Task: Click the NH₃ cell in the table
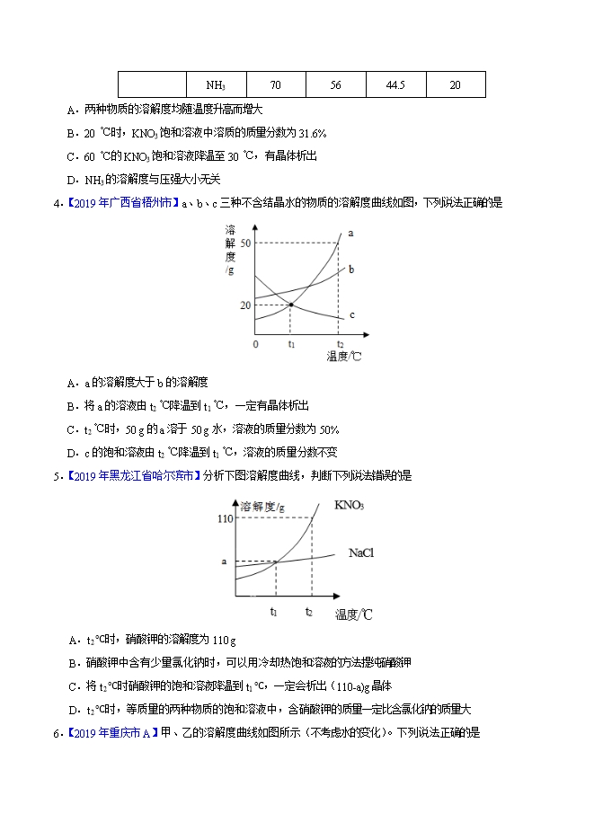pos(216,85)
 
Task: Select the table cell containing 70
pos(275,85)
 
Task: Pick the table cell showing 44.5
pos(395,85)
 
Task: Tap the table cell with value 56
pos(336,85)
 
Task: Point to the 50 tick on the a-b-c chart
pos(244,243)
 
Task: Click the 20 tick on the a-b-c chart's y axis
pos(244,305)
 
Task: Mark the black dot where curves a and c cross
pos(291,305)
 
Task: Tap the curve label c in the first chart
pos(351,315)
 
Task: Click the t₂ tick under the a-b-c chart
pos(340,344)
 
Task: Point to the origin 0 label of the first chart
pos(255,344)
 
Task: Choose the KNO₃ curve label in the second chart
pos(349,506)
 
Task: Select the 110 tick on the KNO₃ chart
pos(225,519)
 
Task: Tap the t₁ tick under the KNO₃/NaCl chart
pos(274,611)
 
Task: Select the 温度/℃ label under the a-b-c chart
pos(344,357)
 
